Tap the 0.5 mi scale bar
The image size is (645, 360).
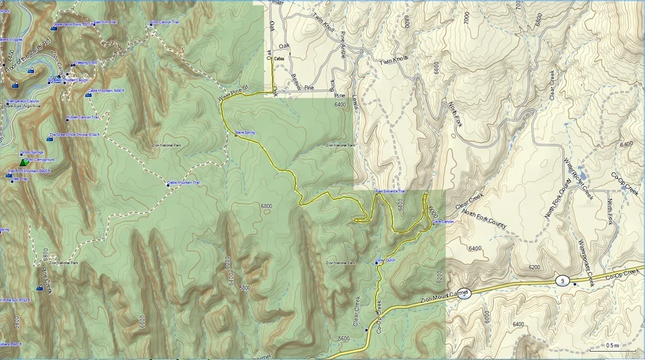point(612,346)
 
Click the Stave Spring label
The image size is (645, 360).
point(245,132)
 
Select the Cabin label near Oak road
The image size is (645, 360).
point(279,59)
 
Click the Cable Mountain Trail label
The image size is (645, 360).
point(184,183)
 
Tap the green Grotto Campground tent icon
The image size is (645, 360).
point(24,162)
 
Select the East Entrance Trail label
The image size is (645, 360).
point(390,191)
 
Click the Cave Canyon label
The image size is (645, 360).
point(443,221)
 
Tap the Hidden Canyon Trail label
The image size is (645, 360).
point(83,117)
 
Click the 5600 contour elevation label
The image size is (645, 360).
point(343,338)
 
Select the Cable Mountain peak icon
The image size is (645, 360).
point(88,94)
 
